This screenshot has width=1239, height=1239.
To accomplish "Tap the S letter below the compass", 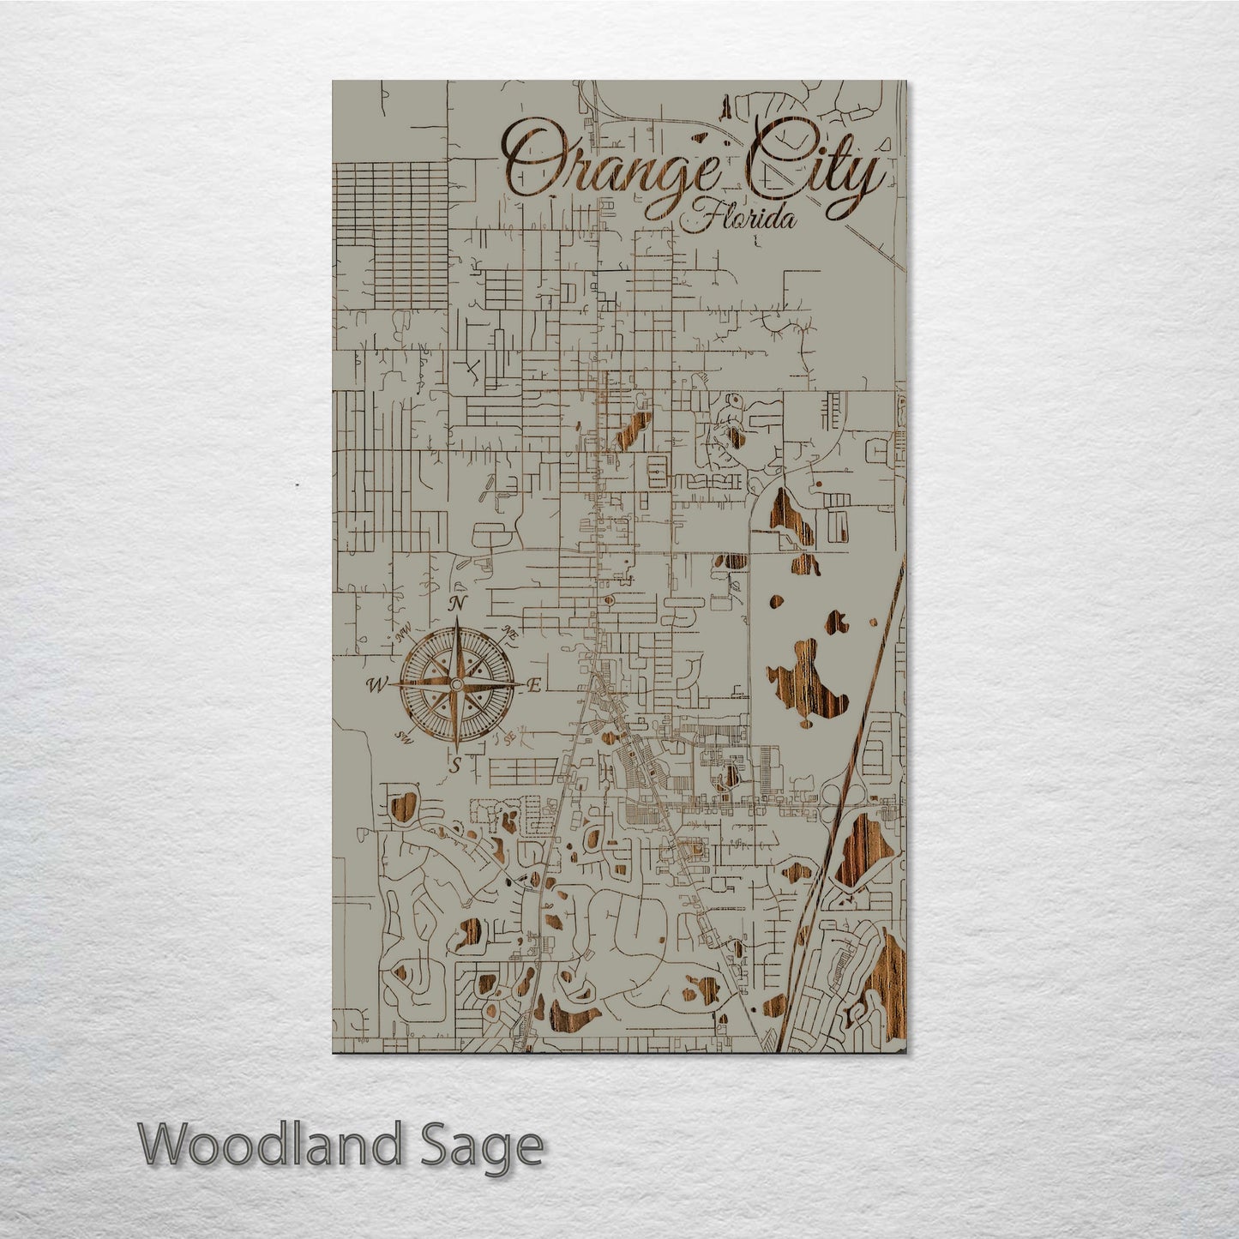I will point(456,763).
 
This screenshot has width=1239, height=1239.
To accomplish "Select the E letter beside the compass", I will point(533,686).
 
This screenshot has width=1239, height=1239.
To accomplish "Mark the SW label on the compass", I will point(404,736).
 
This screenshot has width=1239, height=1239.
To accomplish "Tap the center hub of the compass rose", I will point(456,684).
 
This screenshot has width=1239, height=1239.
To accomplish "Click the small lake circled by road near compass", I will point(402,806).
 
